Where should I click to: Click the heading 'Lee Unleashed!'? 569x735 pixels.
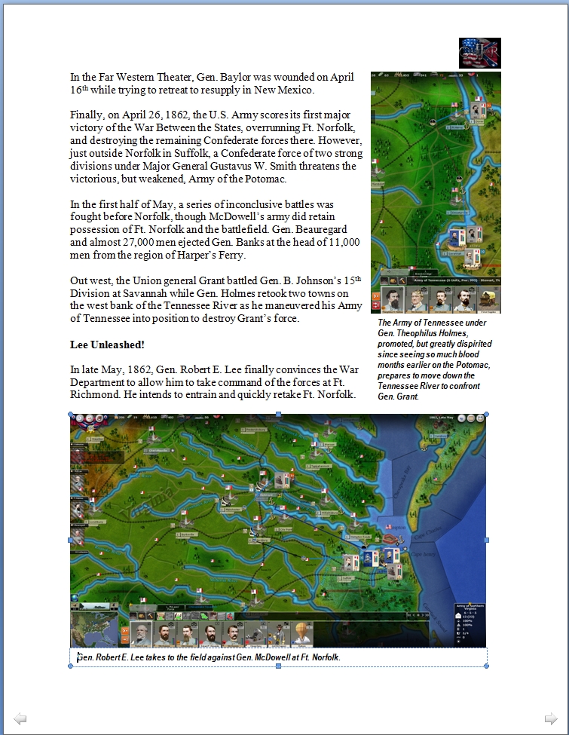coord(107,345)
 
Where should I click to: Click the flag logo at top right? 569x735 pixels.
coord(480,53)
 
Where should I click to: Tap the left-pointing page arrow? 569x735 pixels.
coord(20,718)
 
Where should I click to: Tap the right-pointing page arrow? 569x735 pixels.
coord(552,718)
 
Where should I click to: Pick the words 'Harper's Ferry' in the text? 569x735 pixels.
coord(208,256)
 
